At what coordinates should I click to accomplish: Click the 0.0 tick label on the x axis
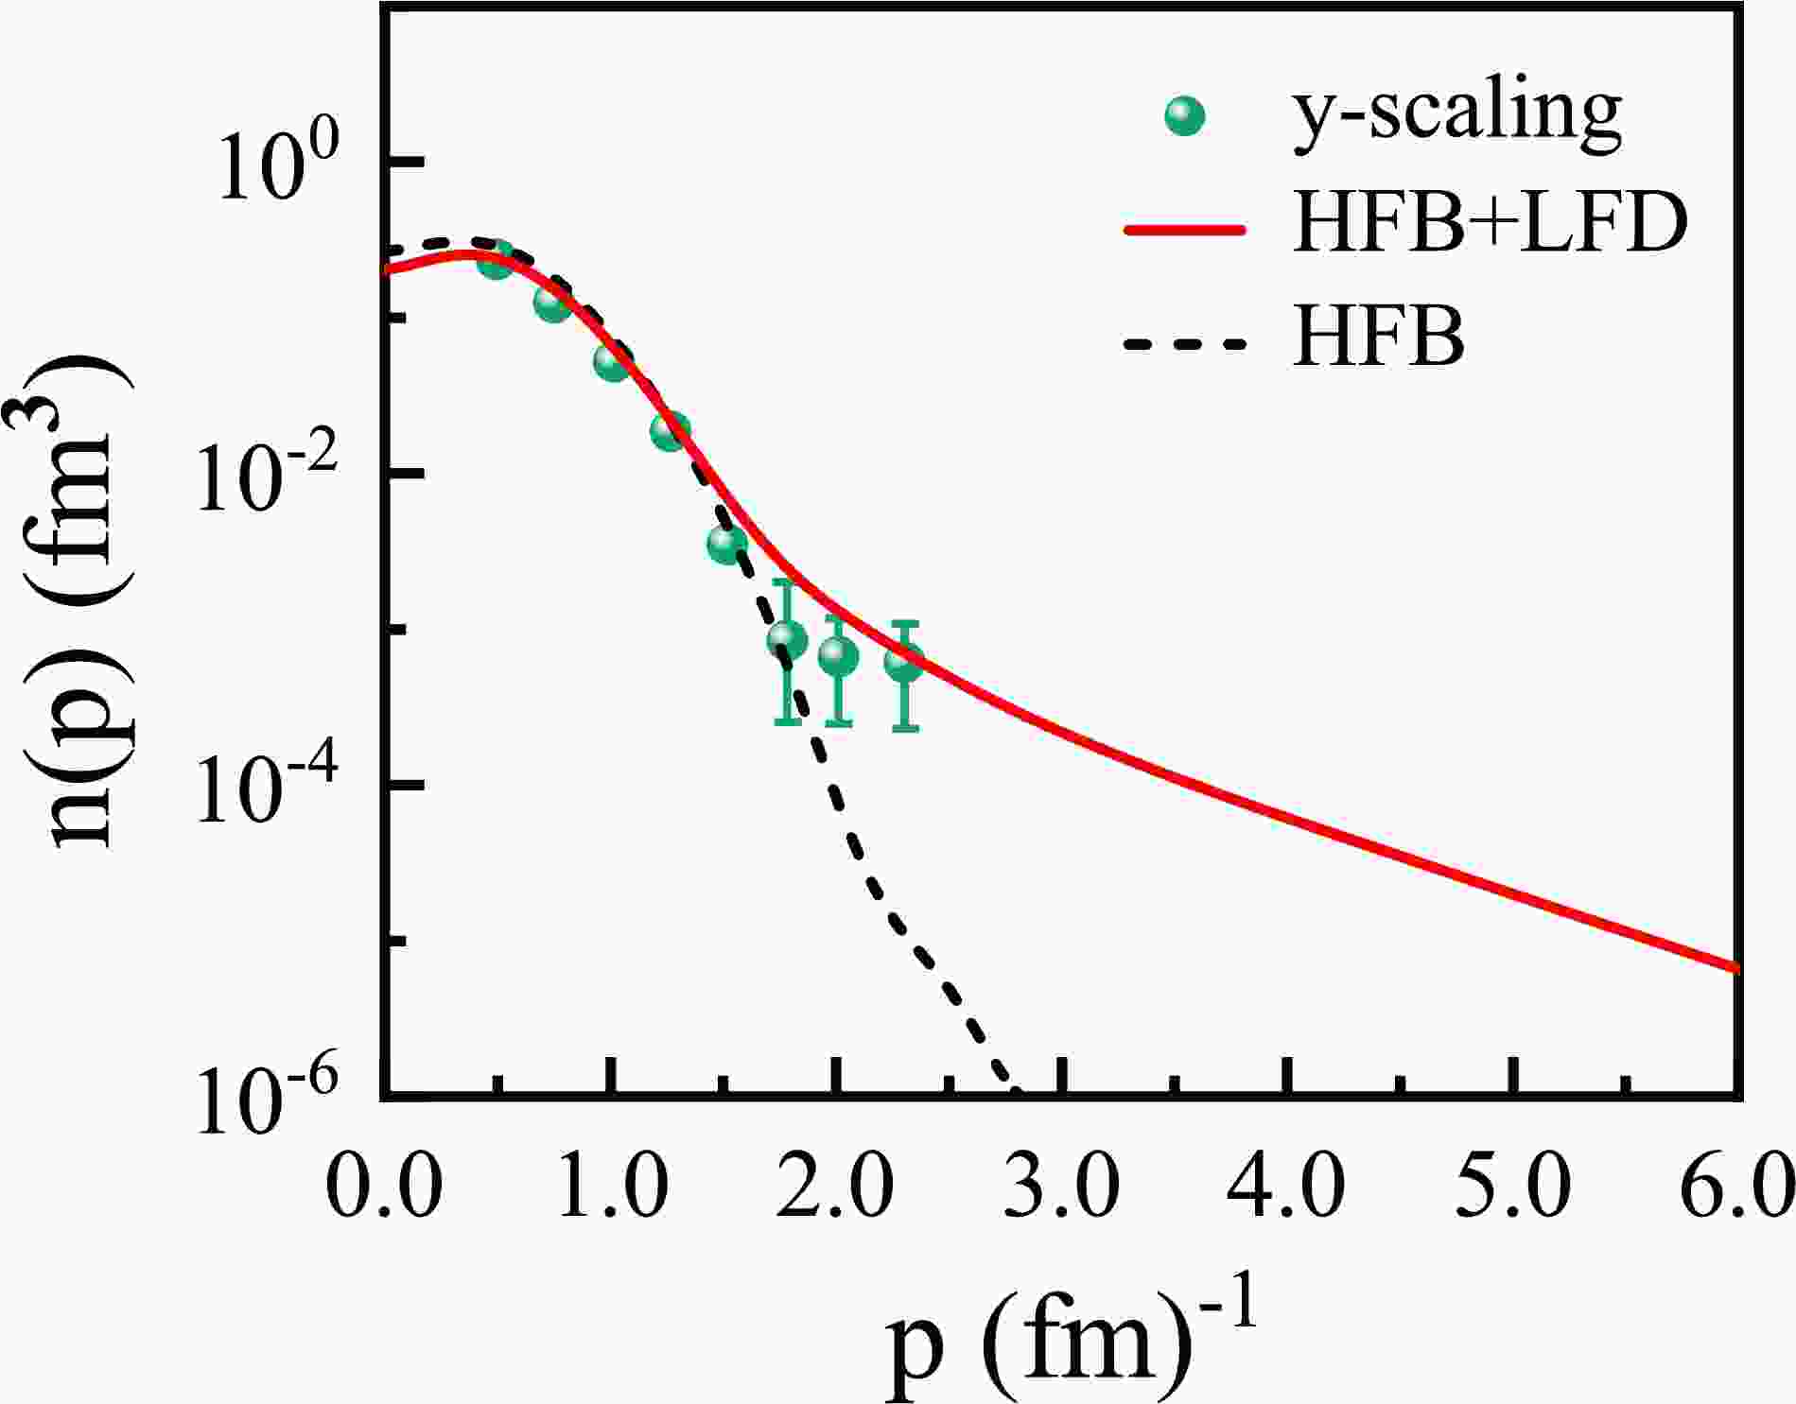click(x=383, y=1183)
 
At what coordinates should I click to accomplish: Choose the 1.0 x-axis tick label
click(x=611, y=1183)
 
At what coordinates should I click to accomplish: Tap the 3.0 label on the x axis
click(x=1061, y=1183)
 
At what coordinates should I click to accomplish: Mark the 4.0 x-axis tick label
click(x=1286, y=1183)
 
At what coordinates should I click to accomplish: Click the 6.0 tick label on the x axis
click(x=1738, y=1183)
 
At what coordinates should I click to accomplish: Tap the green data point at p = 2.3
click(x=905, y=662)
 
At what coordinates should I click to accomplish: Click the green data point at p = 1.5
click(x=726, y=543)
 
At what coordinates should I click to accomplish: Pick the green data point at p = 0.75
click(x=552, y=303)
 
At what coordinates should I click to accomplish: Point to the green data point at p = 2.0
click(x=838, y=656)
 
